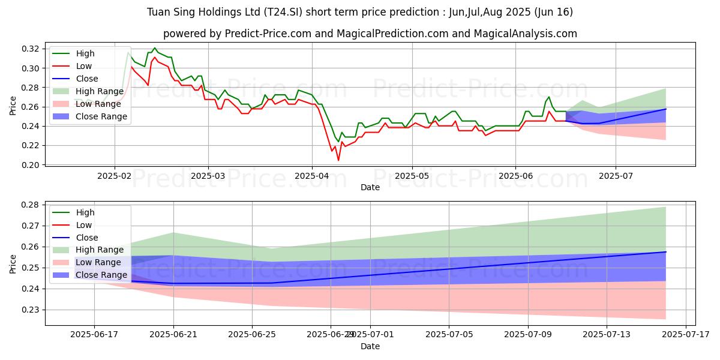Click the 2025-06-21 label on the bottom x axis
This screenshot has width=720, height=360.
173,334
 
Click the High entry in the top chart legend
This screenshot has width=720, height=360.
84,53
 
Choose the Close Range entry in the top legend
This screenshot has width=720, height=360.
101,116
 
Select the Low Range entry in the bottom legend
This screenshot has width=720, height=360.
98,262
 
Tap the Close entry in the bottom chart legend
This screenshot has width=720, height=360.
87,238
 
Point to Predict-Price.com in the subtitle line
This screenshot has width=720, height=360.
265,34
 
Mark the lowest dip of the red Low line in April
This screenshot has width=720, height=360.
338,160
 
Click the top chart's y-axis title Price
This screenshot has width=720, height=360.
13,106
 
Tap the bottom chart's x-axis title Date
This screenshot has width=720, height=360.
370,346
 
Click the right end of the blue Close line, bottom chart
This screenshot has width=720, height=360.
665,252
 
